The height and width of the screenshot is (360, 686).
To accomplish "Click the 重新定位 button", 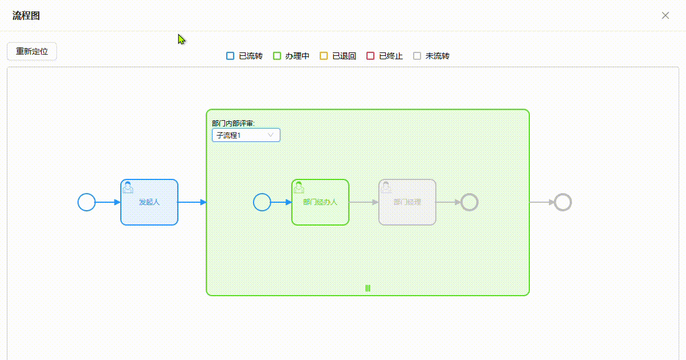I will click(32, 51).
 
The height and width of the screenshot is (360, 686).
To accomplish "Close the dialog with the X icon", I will click(665, 15).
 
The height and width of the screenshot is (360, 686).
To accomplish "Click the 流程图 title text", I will click(26, 15).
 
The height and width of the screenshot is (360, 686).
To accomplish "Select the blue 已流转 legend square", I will click(230, 56).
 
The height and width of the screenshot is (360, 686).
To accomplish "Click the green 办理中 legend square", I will click(277, 56).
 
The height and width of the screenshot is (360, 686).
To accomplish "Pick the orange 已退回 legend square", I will click(324, 56).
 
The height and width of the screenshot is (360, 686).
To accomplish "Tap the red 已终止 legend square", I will click(370, 56).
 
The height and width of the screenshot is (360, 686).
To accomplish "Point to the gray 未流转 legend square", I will click(417, 56).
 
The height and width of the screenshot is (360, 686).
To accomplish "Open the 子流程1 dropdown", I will click(246, 135).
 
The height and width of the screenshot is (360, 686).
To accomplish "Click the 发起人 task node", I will click(149, 202).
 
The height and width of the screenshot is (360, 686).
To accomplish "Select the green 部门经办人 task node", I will click(320, 202).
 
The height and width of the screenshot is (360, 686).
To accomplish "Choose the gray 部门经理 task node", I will click(407, 202).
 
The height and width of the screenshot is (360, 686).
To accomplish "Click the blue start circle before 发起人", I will click(87, 202).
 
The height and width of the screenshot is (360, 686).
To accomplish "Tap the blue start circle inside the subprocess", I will click(262, 202).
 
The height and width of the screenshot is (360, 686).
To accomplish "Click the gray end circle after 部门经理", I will click(469, 202).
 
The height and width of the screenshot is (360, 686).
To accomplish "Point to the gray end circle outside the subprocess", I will click(563, 202).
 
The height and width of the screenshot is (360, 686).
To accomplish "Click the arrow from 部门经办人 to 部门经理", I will click(364, 202).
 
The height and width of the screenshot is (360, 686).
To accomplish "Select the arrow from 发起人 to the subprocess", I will click(192, 202).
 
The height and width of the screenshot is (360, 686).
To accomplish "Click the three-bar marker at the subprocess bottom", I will click(368, 288).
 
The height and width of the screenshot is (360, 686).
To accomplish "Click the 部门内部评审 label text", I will click(233, 123).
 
